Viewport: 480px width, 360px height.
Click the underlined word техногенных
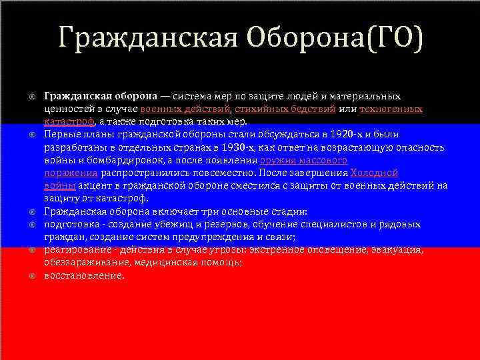coord(391,109)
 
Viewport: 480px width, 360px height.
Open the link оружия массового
coord(303,160)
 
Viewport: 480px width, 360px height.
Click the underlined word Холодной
coord(374,173)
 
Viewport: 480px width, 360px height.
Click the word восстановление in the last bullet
coord(84,275)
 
